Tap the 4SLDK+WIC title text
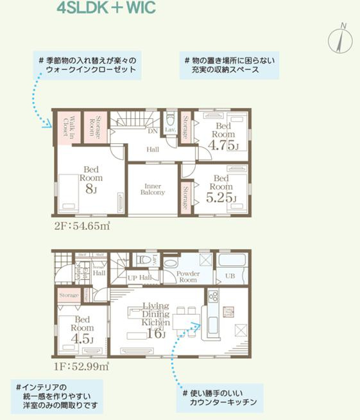point(105,9)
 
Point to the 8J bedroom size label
point(90,189)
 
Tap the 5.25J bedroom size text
point(221,197)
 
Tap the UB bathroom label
point(230,277)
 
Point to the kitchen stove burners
point(213,297)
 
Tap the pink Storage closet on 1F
point(69,295)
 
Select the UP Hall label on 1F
point(139,277)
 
